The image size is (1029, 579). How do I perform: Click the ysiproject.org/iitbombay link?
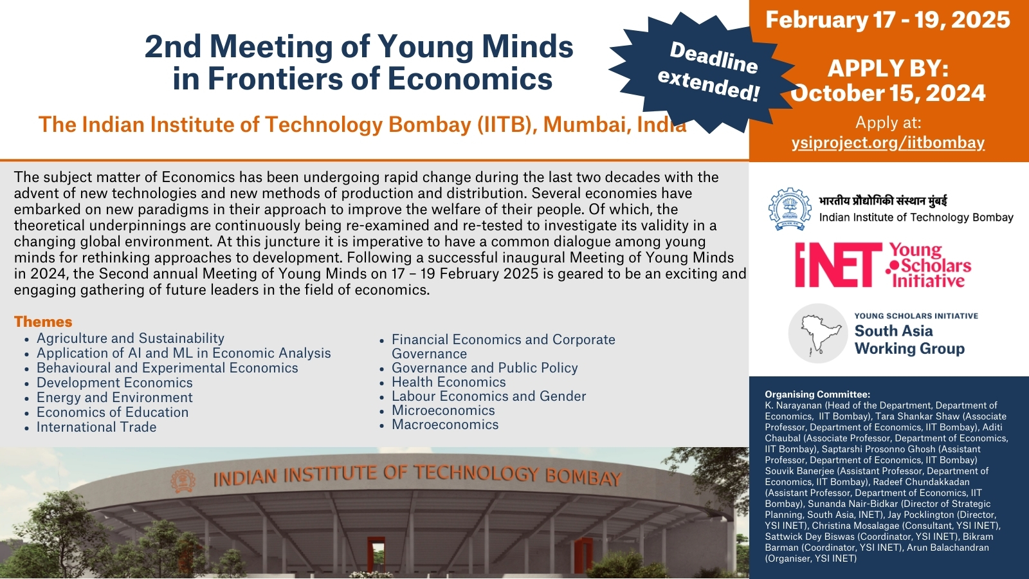click(x=888, y=143)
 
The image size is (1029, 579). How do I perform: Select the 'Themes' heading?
click(x=43, y=322)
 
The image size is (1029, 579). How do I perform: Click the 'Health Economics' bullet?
click(x=448, y=382)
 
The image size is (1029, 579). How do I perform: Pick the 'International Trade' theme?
click(x=96, y=427)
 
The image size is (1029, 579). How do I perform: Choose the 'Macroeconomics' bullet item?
click(x=444, y=424)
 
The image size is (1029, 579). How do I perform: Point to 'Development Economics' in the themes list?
click(x=114, y=383)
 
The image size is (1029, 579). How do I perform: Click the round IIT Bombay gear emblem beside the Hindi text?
click(x=790, y=208)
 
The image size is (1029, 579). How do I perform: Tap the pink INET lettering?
click(x=839, y=264)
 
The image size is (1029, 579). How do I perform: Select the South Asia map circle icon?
click(x=817, y=333)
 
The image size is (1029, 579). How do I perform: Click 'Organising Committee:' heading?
click(x=817, y=394)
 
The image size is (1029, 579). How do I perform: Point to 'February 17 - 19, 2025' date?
click(x=888, y=20)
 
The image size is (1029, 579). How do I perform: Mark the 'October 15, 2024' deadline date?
click(x=888, y=93)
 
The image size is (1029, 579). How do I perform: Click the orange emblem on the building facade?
click(x=183, y=482)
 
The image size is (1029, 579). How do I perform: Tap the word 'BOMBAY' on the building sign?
click(x=583, y=477)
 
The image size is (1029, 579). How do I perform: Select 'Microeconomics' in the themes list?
click(x=443, y=410)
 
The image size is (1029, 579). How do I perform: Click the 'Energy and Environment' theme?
click(x=114, y=398)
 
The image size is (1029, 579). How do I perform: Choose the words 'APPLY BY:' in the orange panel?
click(x=888, y=69)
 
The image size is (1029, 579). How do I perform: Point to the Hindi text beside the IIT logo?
click(x=882, y=201)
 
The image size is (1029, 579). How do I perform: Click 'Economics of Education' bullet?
click(x=113, y=412)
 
